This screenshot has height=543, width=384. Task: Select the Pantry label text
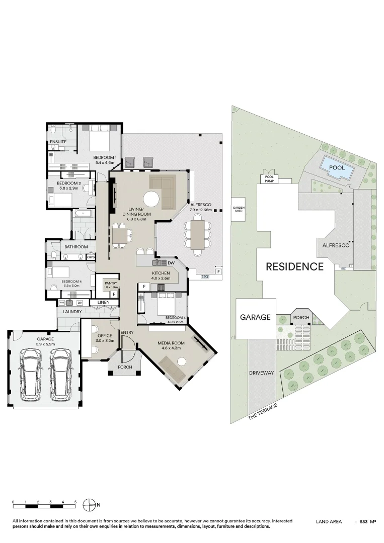(110, 283)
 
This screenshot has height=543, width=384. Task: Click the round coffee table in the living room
(152, 200)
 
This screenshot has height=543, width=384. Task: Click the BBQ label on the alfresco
(204, 277)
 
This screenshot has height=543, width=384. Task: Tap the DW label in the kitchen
(171, 262)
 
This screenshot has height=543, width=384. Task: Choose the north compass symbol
(89, 504)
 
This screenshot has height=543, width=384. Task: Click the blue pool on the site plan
(336, 168)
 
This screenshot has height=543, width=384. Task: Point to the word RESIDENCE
(294, 266)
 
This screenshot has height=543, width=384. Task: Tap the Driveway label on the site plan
(261, 373)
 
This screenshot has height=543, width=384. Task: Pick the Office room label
(105, 335)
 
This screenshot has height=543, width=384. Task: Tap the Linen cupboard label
(103, 302)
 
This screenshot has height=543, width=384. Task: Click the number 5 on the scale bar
(75, 502)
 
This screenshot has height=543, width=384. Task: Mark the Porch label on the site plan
(301, 317)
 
